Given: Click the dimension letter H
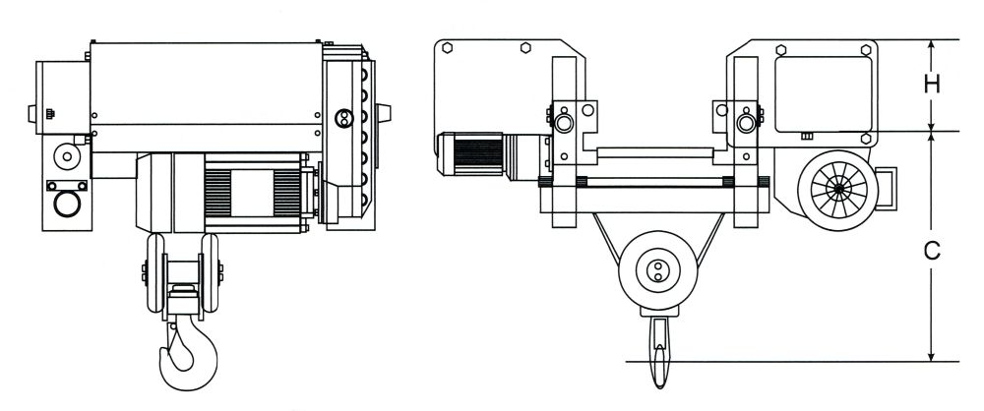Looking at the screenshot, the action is tap(933, 85).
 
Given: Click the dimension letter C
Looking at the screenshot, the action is tap(933, 251).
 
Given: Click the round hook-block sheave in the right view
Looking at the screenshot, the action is tap(657, 270).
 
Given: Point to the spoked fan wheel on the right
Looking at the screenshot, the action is tap(838, 190).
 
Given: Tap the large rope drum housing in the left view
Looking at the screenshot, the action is tap(206, 96).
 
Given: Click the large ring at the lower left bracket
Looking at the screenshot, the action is tap(67, 205).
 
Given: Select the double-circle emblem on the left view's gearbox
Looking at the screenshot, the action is tap(343, 118).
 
